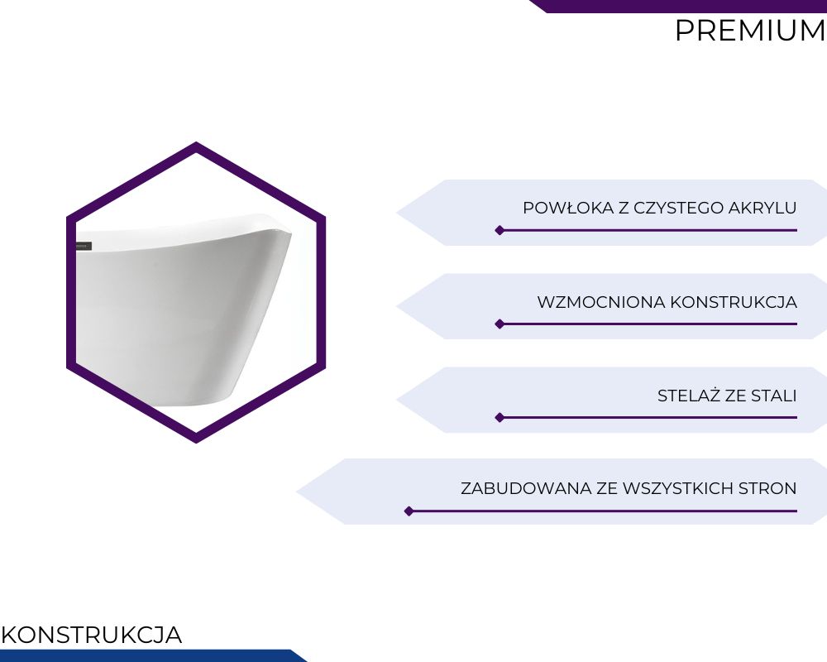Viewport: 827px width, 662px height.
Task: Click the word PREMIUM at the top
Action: pyautogui.click(x=751, y=31)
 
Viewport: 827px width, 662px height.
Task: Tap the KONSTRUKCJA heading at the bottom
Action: pyautogui.click(x=92, y=635)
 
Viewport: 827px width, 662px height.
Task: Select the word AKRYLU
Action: pyautogui.click(x=762, y=208)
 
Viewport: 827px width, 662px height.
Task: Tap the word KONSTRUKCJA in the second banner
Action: pyautogui.click(x=734, y=302)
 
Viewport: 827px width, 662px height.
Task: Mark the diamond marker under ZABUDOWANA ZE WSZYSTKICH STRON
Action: pyautogui.click(x=409, y=511)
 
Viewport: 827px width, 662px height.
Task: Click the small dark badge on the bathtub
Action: pyautogui.click(x=84, y=246)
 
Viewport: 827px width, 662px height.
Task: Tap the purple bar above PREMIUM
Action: pyautogui.click(x=678, y=7)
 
